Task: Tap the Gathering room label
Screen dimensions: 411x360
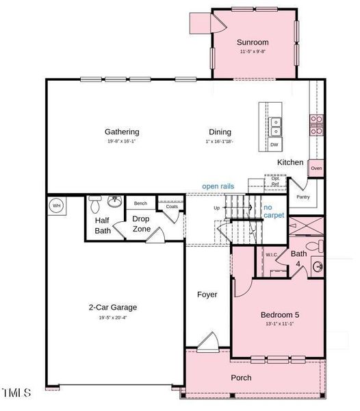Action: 122,132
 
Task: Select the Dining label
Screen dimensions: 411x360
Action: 220,132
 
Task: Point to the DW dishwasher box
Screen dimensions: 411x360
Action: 274,145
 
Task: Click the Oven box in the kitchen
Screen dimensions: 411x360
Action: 316,168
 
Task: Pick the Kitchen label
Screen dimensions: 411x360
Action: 290,162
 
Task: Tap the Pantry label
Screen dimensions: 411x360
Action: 303,197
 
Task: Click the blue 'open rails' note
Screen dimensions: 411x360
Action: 220,186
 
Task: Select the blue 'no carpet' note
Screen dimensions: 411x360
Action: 273,211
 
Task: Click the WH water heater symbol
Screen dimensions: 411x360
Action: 57,206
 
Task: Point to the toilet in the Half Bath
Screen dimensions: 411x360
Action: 95,204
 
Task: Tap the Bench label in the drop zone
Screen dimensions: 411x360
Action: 140,203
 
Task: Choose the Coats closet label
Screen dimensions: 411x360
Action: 171,206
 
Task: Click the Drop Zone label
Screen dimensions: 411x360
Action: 141,223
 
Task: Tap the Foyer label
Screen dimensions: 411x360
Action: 207,295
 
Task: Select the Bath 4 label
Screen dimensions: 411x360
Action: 299,258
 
